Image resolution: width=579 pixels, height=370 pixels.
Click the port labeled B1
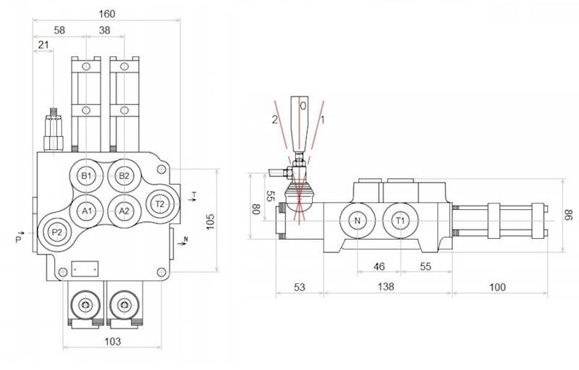click(86, 176)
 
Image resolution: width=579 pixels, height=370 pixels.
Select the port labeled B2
click(124, 176)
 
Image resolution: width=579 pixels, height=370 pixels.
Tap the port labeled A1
click(86, 211)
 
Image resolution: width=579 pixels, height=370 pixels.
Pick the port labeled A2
click(124, 211)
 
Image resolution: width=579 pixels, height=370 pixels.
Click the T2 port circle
click(161, 204)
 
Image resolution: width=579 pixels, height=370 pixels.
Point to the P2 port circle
click(56, 232)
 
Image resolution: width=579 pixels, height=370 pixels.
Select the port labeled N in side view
click(357, 220)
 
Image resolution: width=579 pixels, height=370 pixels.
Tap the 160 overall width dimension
click(106, 14)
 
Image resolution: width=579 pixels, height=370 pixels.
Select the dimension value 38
click(104, 30)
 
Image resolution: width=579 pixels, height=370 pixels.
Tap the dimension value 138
click(386, 287)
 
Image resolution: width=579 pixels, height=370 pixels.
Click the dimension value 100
click(497, 287)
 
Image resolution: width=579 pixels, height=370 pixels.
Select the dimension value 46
click(379, 266)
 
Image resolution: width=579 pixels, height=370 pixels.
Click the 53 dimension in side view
click(299, 287)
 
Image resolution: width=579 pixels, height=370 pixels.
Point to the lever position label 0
click(303, 106)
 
